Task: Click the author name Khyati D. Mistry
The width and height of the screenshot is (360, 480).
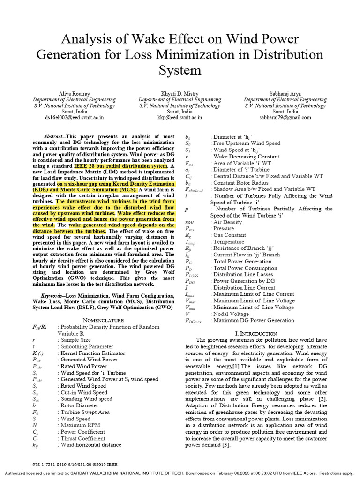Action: [180, 93]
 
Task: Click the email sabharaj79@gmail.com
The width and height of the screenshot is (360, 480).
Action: [285, 118]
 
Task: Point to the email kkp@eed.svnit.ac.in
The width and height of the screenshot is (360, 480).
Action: [180, 118]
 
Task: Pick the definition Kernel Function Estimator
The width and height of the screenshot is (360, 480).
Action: [91, 353]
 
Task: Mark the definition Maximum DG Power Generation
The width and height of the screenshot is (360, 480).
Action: [254, 320]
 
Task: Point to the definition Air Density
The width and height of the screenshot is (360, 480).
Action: [227, 222]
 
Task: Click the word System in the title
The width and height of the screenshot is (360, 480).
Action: [180, 70]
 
